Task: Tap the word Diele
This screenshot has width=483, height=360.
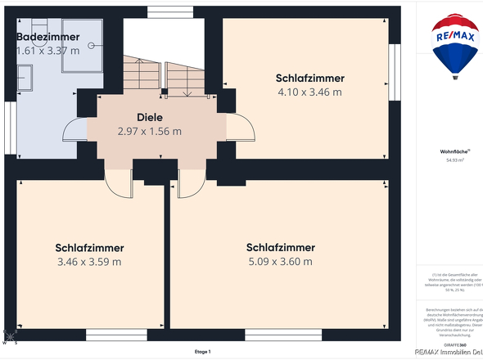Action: [149, 117]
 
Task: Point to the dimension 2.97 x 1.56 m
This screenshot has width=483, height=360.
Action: [149, 131]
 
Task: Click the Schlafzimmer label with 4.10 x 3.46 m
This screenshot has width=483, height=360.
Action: [309, 78]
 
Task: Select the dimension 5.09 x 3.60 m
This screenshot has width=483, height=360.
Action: [280, 262]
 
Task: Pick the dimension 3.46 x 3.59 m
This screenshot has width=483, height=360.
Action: [89, 262]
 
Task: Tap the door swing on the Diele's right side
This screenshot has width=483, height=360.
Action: [238, 129]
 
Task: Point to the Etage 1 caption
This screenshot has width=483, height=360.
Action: [202, 352]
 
